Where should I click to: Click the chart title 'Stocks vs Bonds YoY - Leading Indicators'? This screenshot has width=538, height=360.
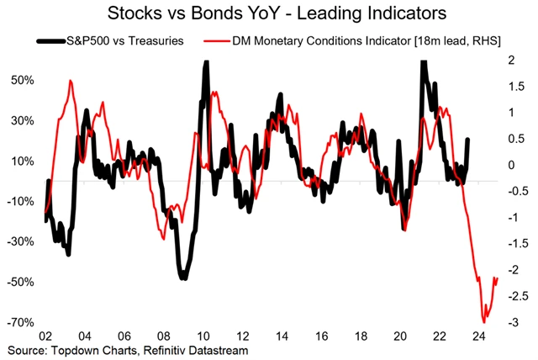268,13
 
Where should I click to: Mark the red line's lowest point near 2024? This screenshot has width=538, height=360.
483,322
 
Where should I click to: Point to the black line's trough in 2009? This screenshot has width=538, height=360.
182,278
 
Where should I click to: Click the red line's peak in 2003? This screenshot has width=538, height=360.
71,81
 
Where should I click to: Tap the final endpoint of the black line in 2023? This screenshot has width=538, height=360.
467,140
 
